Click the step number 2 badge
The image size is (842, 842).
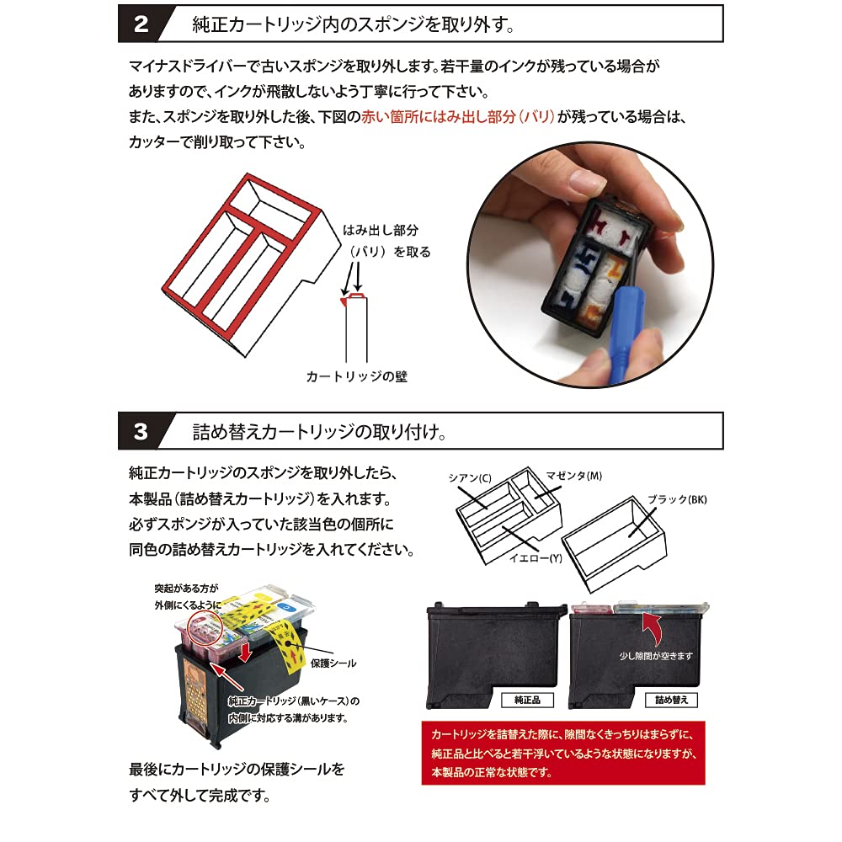[x=141, y=24]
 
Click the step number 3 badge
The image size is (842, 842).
[x=141, y=432]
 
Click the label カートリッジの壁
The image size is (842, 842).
[x=358, y=376]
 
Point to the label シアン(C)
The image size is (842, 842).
[x=472, y=477]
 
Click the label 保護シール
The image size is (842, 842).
[x=332, y=663]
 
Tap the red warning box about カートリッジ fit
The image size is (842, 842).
[x=562, y=753]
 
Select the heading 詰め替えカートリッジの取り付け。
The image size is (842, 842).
[x=320, y=432]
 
